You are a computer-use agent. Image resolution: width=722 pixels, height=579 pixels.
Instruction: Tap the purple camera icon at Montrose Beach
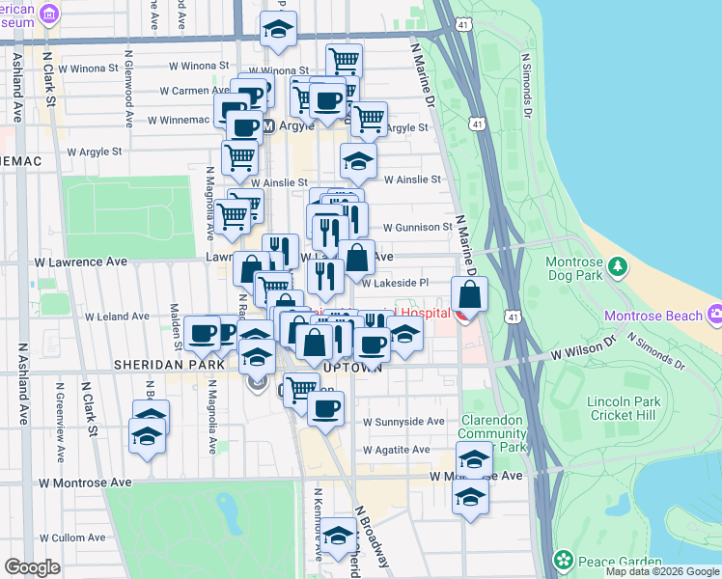714,315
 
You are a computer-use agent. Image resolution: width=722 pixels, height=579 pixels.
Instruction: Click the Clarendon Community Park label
491,433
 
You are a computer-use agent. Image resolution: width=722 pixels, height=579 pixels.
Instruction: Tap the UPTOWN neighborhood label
355,367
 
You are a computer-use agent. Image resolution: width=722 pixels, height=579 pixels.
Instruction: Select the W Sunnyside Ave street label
403,422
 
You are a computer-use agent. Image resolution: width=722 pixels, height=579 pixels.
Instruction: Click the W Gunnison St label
417,227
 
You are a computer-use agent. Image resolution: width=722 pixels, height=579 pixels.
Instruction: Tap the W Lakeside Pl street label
395,283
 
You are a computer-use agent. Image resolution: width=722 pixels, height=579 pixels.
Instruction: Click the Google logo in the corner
32,567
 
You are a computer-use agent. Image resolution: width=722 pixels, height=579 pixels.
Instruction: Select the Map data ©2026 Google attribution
662,571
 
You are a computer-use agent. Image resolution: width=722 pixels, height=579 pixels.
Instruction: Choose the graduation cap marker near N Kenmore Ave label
338,537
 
